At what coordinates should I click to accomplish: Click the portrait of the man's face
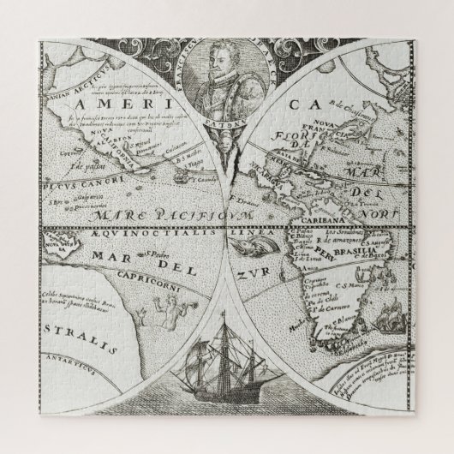click(x=225, y=82)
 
